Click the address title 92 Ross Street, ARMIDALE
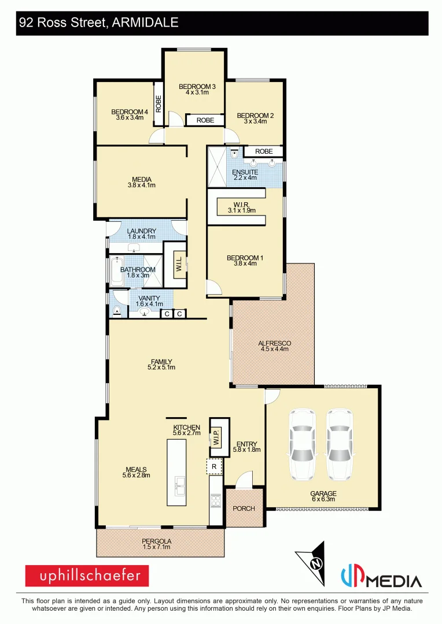(x=99, y=23)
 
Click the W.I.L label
(x=179, y=265)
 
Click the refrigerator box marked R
(x=214, y=466)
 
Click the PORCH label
(x=244, y=508)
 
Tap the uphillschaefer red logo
(x=87, y=576)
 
